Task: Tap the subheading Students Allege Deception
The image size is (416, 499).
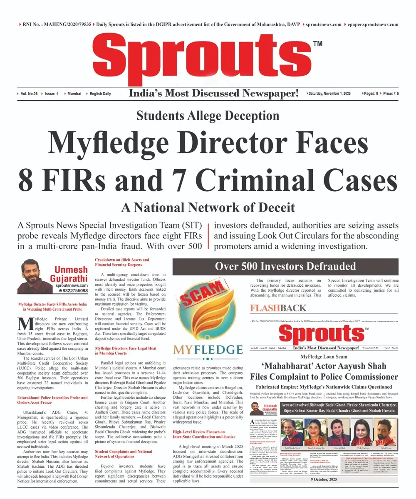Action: tap(208, 116)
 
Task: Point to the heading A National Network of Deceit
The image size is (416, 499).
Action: tap(208, 207)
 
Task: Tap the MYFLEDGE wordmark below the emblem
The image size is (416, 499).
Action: tap(208, 348)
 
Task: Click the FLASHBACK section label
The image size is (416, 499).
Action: tap(278, 308)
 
